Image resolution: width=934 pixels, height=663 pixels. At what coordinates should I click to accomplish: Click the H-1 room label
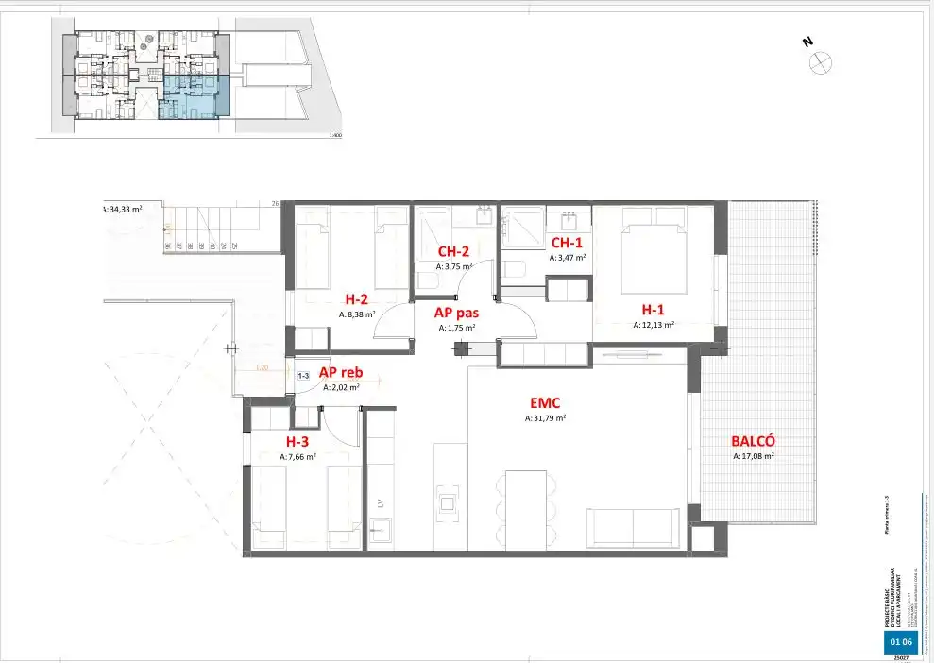(x=653, y=309)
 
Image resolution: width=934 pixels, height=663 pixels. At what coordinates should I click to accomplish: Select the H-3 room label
(x=297, y=441)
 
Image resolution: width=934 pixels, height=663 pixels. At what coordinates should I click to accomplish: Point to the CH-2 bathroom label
(x=453, y=252)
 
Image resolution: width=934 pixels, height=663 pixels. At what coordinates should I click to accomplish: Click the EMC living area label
(x=545, y=402)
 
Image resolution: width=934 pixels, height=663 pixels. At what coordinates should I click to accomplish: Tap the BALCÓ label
(x=753, y=441)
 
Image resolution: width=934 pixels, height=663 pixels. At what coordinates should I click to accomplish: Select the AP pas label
(x=455, y=313)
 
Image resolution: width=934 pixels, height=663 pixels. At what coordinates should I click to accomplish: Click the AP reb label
(x=341, y=372)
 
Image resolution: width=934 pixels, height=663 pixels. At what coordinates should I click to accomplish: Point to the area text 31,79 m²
(x=545, y=417)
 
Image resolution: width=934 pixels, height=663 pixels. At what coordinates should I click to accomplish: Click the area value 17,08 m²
(x=753, y=456)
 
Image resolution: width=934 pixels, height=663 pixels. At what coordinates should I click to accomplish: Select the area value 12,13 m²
(x=653, y=324)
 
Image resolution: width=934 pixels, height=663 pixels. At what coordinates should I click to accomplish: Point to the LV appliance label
(x=382, y=503)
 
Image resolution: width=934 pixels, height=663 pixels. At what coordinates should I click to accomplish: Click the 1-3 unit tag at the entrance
(x=304, y=376)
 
